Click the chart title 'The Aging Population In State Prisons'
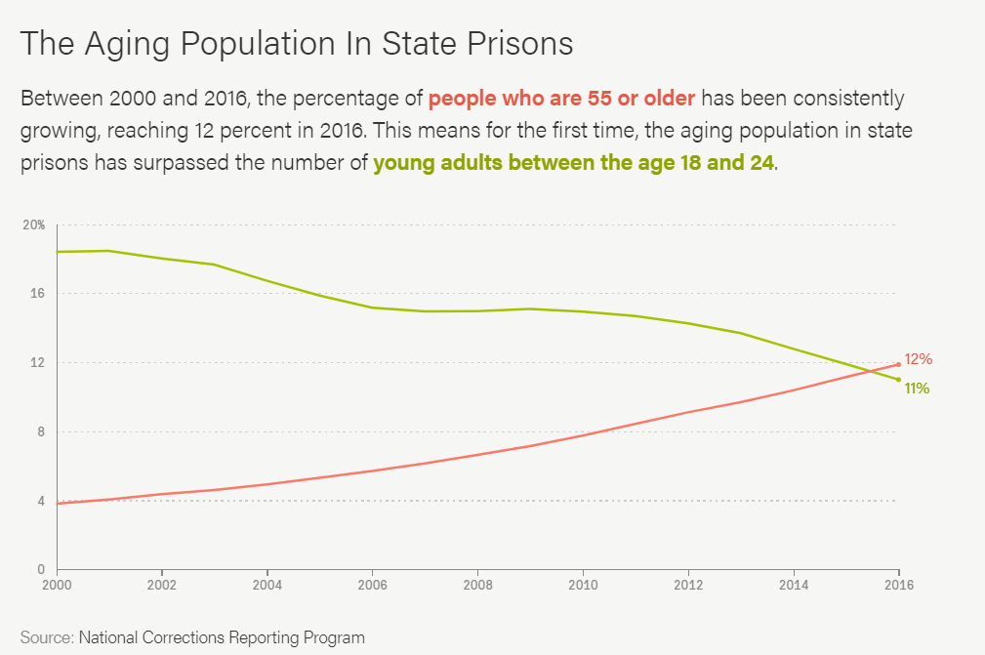point(296,44)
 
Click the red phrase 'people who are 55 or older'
point(561,99)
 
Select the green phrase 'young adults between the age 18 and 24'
point(573,163)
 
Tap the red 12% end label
point(919,359)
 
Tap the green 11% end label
point(916,389)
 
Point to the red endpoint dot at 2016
point(898,365)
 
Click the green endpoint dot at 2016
point(898,380)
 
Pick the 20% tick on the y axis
point(34,225)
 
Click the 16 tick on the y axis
point(39,293)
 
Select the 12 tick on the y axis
point(39,362)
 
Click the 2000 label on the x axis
point(57,586)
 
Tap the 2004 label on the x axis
point(267,586)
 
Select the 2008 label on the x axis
point(477,586)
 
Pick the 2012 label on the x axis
point(688,586)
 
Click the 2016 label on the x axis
point(898,586)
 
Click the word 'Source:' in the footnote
point(47,637)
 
